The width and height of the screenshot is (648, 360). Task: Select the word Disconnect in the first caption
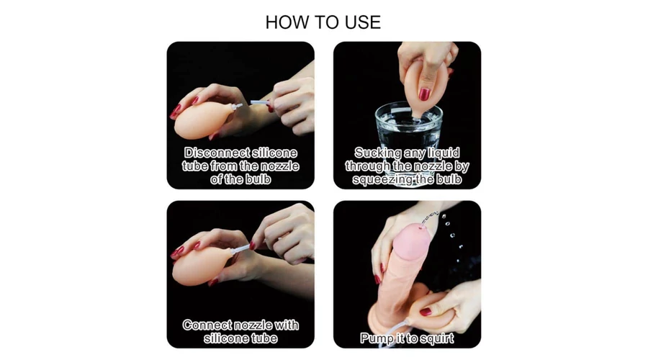[217, 153]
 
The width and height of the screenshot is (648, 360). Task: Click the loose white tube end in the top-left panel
[259, 102]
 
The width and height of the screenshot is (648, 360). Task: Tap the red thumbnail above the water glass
[424, 94]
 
